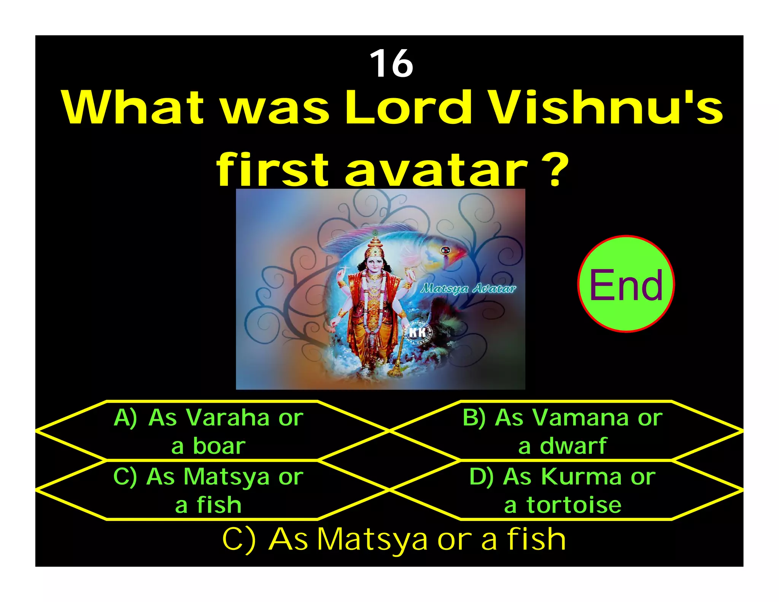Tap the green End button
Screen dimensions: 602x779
pyautogui.click(x=626, y=284)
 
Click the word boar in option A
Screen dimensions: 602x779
pyautogui.click(x=219, y=446)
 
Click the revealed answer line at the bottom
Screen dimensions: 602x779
pyautogui.click(x=394, y=539)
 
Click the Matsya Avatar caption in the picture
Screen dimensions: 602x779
pyautogui.click(x=468, y=288)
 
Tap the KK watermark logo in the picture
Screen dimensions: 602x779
pyautogui.click(x=417, y=333)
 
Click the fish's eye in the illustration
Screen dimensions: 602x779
pyautogui.click(x=445, y=250)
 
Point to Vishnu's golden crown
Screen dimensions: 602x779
pyautogui.click(x=375, y=246)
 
